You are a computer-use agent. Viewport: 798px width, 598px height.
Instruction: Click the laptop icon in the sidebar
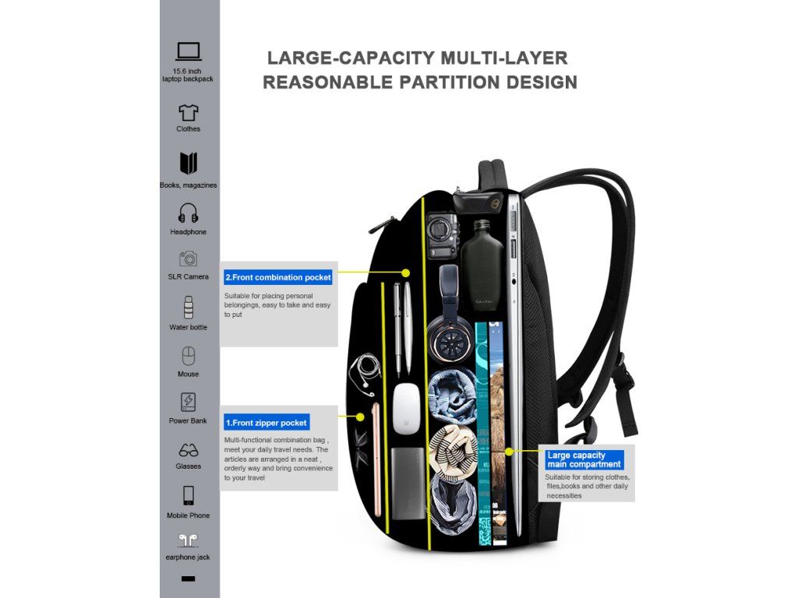pyautogui.click(x=189, y=51)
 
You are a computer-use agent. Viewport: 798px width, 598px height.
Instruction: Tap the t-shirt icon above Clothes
pyautogui.click(x=189, y=113)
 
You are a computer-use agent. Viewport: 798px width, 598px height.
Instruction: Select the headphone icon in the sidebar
pyautogui.click(x=189, y=213)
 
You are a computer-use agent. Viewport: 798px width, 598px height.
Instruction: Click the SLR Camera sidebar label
pyautogui.click(x=189, y=276)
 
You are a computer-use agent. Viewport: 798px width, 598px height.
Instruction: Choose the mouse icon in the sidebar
pyautogui.click(x=188, y=357)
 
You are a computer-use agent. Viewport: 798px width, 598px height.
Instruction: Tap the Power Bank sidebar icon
pyautogui.click(x=188, y=402)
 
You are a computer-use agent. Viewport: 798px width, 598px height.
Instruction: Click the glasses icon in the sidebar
pyautogui.click(x=189, y=450)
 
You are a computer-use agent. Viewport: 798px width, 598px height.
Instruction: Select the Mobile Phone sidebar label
pyautogui.click(x=188, y=515)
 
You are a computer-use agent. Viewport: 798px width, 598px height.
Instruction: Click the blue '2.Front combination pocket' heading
pyautogui.click(x=277, y=277)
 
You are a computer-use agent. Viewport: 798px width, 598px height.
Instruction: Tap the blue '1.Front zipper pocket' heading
pyautogui.click(x=267, y=423)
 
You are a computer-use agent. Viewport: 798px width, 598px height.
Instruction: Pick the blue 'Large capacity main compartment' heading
pyautogui.click(x=584, y=459)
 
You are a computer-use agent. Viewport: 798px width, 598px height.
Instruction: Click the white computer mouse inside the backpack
pyautogui.click(x=406, y=408)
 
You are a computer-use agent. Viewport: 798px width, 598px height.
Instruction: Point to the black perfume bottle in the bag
pyautogui.click(x=484, y=269)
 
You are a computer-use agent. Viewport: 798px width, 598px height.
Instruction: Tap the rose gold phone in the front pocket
pyautogui.click(x=377, y=459)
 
